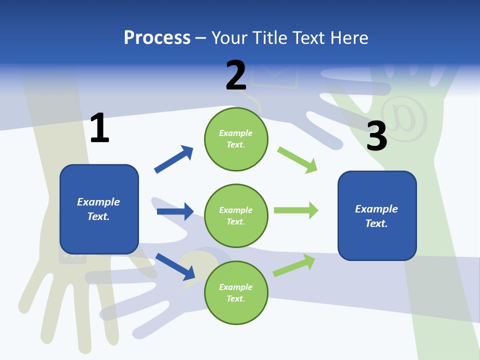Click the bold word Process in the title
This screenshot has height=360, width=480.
click(x=157, y=37)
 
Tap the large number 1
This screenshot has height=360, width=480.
click(x=99, y=128)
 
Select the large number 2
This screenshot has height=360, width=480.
click(x=236, y=75)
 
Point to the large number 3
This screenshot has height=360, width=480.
click(x=377, y=136)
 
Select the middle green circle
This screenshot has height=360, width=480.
click(x=236, y=215)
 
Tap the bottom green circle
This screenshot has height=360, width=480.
click(x=236, y=292)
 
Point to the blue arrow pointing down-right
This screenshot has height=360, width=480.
click(x=175, y=266)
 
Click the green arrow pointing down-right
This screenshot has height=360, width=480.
click(x=297, y=160)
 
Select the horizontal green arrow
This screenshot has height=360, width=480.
click(x=296, y=210)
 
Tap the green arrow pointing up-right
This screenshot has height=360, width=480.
click(x=294, y=265)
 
